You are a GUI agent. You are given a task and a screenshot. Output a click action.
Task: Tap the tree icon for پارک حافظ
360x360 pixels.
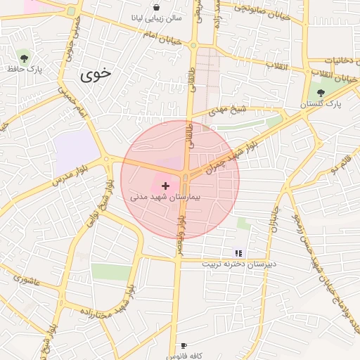click(25, 58)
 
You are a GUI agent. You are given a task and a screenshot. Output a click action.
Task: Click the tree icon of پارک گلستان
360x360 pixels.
click(321, 93)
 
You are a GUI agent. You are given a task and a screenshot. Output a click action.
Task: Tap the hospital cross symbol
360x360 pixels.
click(165, 186)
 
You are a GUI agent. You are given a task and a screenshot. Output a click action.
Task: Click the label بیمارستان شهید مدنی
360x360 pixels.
click(166, 197)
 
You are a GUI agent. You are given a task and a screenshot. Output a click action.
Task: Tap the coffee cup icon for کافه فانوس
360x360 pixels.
click(184, 346)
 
